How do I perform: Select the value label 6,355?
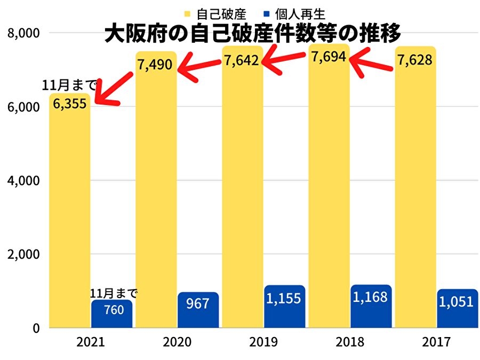69,103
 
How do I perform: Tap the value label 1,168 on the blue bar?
371,298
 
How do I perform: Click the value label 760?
112,309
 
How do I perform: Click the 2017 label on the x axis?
436,342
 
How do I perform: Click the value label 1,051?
456,302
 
